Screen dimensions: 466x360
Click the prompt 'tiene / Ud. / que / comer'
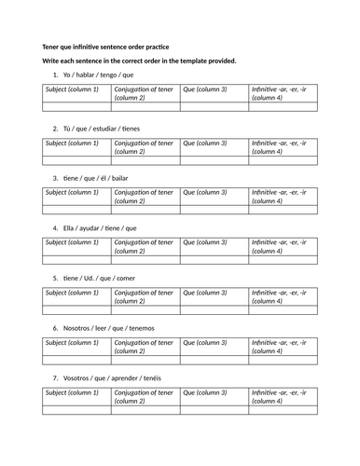pyautogui.click(x=99, y=277)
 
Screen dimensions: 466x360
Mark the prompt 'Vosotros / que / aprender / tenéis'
pyautogui.click(x=113, y=377)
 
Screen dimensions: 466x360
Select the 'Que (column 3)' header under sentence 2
pyautogui.click(x=205, y=143)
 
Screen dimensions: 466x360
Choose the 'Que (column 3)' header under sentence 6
pyautogui.click(x=205, y=343)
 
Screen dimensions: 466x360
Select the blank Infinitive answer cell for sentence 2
pyautogui.click(x=283, y=160)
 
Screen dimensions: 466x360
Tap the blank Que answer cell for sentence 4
pyautogui.click(x=214, y=260)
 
